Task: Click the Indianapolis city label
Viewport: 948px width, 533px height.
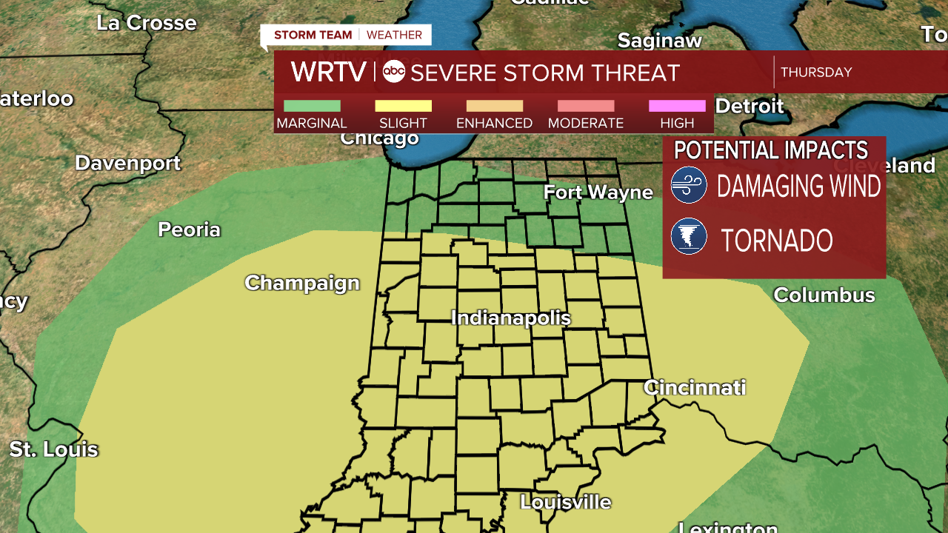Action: pos(511,318)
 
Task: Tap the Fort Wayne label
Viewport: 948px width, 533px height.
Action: pos(598,192)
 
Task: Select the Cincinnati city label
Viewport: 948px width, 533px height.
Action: pos(695,387)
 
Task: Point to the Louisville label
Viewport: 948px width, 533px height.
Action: pos(566,502)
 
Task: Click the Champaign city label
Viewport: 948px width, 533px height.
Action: pos(302,283)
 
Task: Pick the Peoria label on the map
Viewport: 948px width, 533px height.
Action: pos(190,229)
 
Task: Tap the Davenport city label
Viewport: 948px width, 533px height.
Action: pos(128,163)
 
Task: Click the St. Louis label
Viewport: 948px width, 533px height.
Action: pos(53,449)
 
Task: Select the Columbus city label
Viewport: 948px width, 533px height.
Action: pos(824,295)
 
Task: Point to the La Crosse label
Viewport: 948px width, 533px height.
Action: pos(147,23)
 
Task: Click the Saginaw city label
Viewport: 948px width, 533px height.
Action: pos(660,41)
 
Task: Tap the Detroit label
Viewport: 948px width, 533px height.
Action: pos(750,106)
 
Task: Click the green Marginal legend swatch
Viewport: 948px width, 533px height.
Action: pos(312,106)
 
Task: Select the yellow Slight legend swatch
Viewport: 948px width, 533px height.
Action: pos(403,106)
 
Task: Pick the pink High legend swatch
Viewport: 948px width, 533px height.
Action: pos(677,106)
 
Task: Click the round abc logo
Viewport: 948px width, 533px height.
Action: pos(394,72)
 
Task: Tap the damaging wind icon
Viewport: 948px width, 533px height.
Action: pos(689,185)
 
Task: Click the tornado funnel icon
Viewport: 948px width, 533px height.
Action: pos(689,237)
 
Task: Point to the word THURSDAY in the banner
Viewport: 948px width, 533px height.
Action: pos(816,73)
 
